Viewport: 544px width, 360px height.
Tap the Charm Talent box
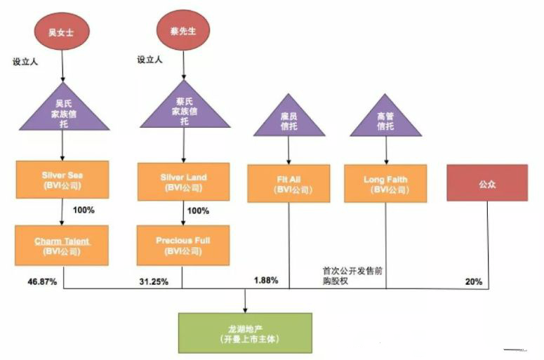click(62, 246)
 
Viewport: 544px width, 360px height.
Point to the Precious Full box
click(183, 245)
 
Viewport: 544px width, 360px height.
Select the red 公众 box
click(487, 182)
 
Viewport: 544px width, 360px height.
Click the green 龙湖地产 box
click(245, 333)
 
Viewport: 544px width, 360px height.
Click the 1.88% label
click(267, 280)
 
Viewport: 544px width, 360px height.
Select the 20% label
click(474, 281)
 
